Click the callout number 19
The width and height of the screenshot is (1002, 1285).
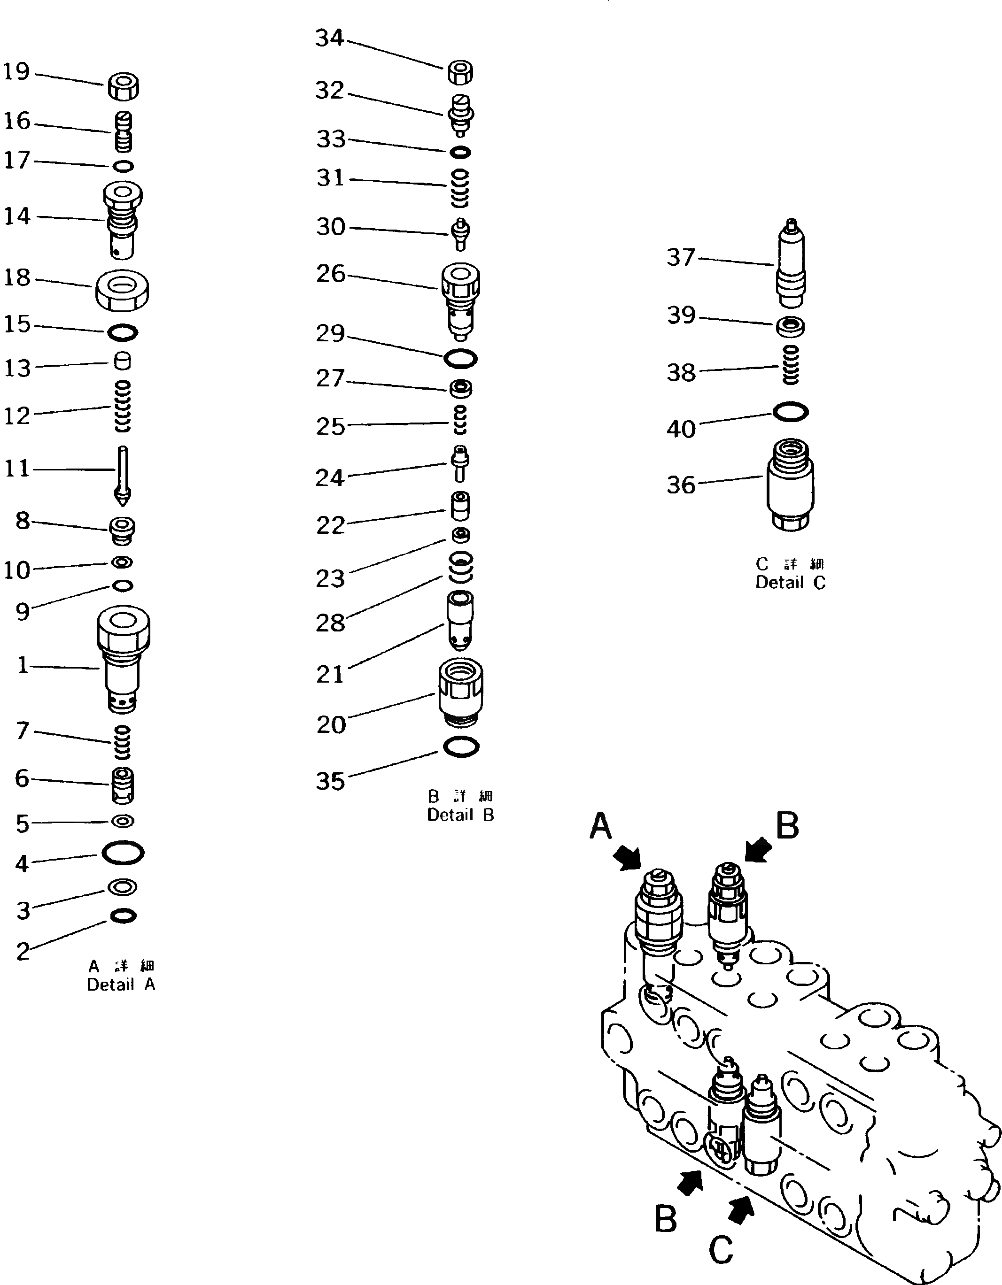point(16,72)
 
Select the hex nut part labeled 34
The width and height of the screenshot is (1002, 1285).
point(460,73)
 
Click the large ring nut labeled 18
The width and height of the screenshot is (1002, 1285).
point(122,290)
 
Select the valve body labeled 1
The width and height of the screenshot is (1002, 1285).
point(123,659)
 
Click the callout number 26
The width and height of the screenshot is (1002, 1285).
point(330,274)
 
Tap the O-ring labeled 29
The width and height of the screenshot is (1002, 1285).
point(460,358)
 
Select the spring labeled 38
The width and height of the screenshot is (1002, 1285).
point(790,365)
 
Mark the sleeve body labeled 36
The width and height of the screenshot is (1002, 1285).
point(790,485)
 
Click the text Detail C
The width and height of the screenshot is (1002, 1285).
point(790,583)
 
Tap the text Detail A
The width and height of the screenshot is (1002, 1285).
point(121,985)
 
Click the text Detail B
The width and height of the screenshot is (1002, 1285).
point(460,815)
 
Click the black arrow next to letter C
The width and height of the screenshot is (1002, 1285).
point(742,1211)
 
